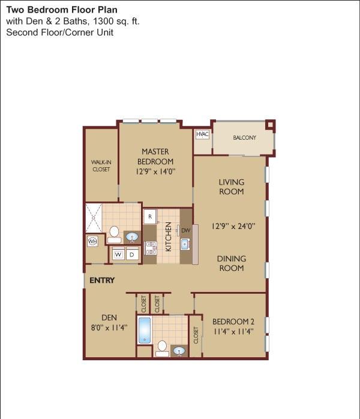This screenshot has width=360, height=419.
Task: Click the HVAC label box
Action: tap(202, 134)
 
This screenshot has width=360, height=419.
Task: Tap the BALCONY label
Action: tap(244, 138)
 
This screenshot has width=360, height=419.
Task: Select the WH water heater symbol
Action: tap(92, 242)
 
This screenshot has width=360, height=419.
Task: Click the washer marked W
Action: tap(118, 254)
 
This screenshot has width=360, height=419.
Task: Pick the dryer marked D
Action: tap(132, 254)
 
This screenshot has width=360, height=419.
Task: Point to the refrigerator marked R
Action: tap(151, 216)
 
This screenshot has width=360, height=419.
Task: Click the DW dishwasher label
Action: tap(186, 230)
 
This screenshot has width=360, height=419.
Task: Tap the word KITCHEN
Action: tap(168, 237)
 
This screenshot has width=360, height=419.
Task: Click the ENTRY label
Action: tap(102, 281)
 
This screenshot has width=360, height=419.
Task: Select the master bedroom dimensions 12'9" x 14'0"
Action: tap(155, 171)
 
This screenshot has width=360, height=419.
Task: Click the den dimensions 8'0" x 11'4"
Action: tap(109, 327)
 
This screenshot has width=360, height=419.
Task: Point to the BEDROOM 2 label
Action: tap(233, 321)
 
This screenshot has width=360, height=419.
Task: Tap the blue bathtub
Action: tap(145, 330)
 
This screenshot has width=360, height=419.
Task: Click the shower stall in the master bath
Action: tap(94, 218)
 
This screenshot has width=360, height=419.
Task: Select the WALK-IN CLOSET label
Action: tap(101, 165)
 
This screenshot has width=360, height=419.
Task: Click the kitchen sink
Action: tap(185, 244)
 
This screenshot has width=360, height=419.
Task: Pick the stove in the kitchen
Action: tap(151, 248)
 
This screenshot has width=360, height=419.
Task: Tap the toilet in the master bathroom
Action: tap(114, 234)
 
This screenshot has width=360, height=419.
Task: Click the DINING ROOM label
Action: tap(232, 263)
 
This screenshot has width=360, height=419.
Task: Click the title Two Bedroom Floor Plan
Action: tap(62, 10)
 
